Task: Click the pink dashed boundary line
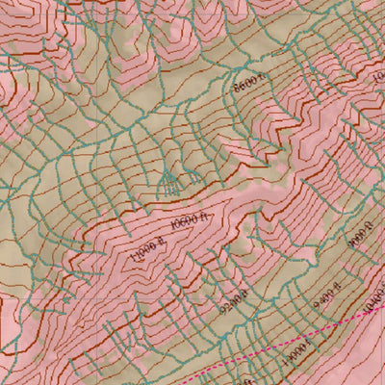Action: coord(289,343)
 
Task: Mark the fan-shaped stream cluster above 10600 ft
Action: coord(169,179)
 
